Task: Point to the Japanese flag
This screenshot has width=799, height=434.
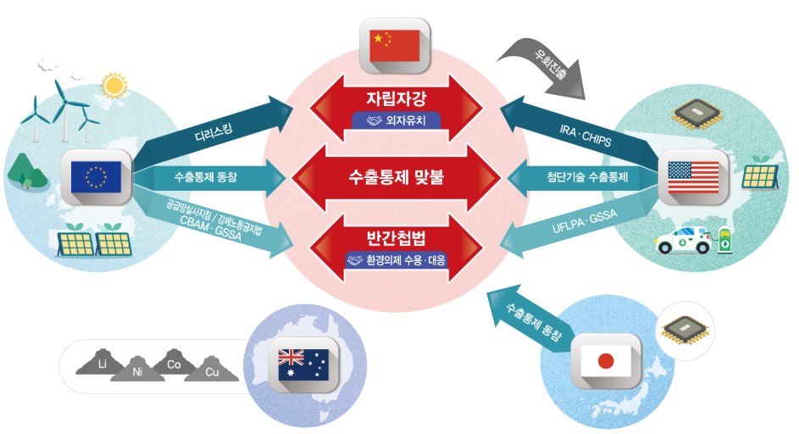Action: coord(605,361)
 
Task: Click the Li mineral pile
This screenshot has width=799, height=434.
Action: coord(102,363)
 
